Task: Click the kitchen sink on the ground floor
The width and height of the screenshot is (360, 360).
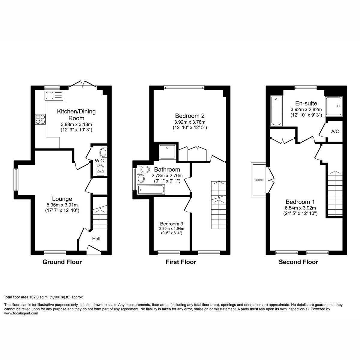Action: click(55, 96)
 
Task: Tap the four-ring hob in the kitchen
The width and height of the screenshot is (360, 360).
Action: click(40, 119)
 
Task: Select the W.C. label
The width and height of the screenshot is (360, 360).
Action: click(100, 161)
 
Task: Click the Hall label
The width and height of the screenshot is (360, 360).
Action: click(96, 239)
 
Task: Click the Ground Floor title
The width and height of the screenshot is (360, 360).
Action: click(62, 262)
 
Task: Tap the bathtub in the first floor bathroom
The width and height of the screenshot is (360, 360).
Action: click(151, 189)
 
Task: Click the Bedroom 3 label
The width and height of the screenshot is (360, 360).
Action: click(171, 224)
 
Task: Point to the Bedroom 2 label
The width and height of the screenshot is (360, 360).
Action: click(190, 115)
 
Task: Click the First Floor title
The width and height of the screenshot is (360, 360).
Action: click(181, 262)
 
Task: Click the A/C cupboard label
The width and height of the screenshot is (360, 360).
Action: click(335, 131)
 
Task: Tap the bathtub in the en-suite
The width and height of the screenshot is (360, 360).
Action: click(276, 111)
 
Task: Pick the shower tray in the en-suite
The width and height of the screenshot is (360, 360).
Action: click(334, 106)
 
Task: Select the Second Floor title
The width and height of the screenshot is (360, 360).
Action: click(298, 262)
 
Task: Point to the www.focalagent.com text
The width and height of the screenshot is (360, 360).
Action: click(21, 313)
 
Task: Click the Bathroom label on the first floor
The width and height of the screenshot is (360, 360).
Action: click(167, 169)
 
